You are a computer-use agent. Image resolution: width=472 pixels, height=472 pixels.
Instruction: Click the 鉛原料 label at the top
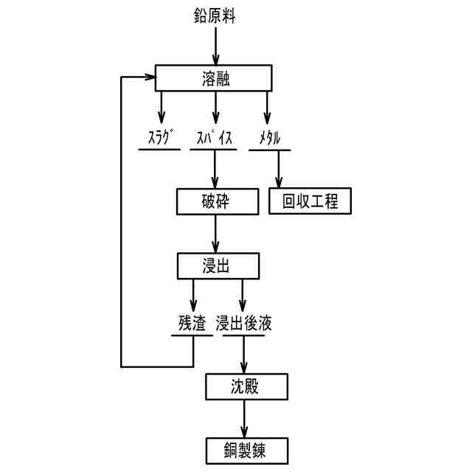pyautogui.click(x=215, y=16)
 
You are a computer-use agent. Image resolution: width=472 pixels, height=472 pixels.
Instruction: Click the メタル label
pyautogui.click(x=269, y=138)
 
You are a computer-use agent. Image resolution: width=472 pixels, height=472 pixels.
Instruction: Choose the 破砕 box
pyautogui.click(x=218, y=201)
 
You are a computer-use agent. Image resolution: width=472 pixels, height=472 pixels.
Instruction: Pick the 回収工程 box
pyautogui.click(x=310, y=201)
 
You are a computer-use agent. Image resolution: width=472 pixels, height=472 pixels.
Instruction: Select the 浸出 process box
pyautogui.click(x=218, y=265)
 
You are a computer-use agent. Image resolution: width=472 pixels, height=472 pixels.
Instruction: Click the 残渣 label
pyautogui.click(x=191, y=322)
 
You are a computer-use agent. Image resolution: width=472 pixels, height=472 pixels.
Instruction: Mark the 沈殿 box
pyautogui.click(x=243, y=385)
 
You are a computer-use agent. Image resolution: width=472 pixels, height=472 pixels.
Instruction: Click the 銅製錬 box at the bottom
pyautogui.click(x=243, y=448)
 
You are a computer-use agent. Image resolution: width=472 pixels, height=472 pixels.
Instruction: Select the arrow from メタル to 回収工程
pyautogui.click(x=279, y=170)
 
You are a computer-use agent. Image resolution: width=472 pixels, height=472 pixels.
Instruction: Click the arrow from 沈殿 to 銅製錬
pyautogui.click(x=243, y=416)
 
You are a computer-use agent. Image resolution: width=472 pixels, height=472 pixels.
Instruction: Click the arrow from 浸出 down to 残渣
pyautogui.click(x=193, y=295)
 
